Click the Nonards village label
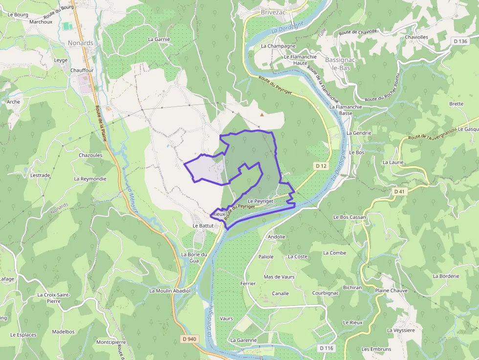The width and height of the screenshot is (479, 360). pyautogui.click(x=81, y=43)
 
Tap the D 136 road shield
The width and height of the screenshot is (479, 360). pyautogui.click(x=461, y=42)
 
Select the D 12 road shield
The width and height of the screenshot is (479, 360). pyautogui.click(x=321, y=167)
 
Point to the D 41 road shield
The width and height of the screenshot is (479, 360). pyautogui.click(x=400, y=191)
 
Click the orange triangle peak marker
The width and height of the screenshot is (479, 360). pyautogui.click(x=262, y=115)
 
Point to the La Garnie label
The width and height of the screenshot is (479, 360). pyautogui.click(x=159, y=39)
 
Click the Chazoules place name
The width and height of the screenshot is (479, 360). pyautogui.click(x=90, y=155)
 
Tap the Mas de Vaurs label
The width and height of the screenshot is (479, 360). pyautogui.click(x=279, y=277)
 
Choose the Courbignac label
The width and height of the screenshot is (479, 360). pyautogui.click(x=326, y=293)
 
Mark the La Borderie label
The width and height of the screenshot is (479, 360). pyautogui.click(x=446, y=276)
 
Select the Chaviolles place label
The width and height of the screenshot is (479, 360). pyautogui.click(x=416, y=37)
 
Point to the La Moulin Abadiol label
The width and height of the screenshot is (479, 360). pyautogui.click(x=170, y=291)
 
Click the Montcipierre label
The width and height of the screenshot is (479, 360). pyautogui.click(x=111, y=342)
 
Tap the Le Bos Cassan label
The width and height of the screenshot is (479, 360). pyautogui.click(x=349, y=217)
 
